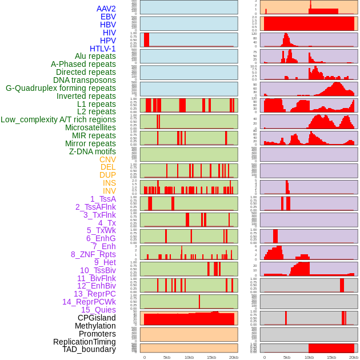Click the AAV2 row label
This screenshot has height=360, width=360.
106,9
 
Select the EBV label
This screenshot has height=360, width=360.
108,17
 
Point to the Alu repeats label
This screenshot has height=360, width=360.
95,56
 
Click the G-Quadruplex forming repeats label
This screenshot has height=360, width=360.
61,88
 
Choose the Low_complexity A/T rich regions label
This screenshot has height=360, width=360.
58,119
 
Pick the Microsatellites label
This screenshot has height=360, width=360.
90,127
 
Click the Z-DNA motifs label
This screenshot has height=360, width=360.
92,151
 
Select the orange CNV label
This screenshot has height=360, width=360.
107,159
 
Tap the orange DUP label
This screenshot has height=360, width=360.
107,175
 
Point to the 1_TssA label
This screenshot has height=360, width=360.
103,199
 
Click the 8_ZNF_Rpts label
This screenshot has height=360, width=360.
93,254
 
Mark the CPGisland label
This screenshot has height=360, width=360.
97,318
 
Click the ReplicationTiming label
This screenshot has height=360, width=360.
85,342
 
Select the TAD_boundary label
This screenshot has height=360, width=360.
89,349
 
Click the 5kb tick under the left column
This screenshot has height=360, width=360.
167,357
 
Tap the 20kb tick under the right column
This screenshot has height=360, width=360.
354,357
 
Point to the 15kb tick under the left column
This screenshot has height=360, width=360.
211,357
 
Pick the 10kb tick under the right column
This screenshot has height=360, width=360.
309,357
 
